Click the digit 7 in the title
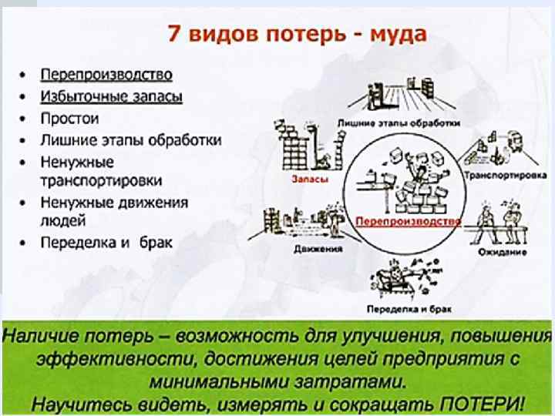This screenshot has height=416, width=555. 173,35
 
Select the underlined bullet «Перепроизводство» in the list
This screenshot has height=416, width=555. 106,75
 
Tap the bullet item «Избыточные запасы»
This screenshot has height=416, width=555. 111,97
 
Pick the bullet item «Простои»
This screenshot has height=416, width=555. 70,119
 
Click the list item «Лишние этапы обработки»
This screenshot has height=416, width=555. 130,140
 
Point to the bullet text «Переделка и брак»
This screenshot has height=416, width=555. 106,242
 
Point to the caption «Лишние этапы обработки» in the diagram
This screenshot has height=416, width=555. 399,122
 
